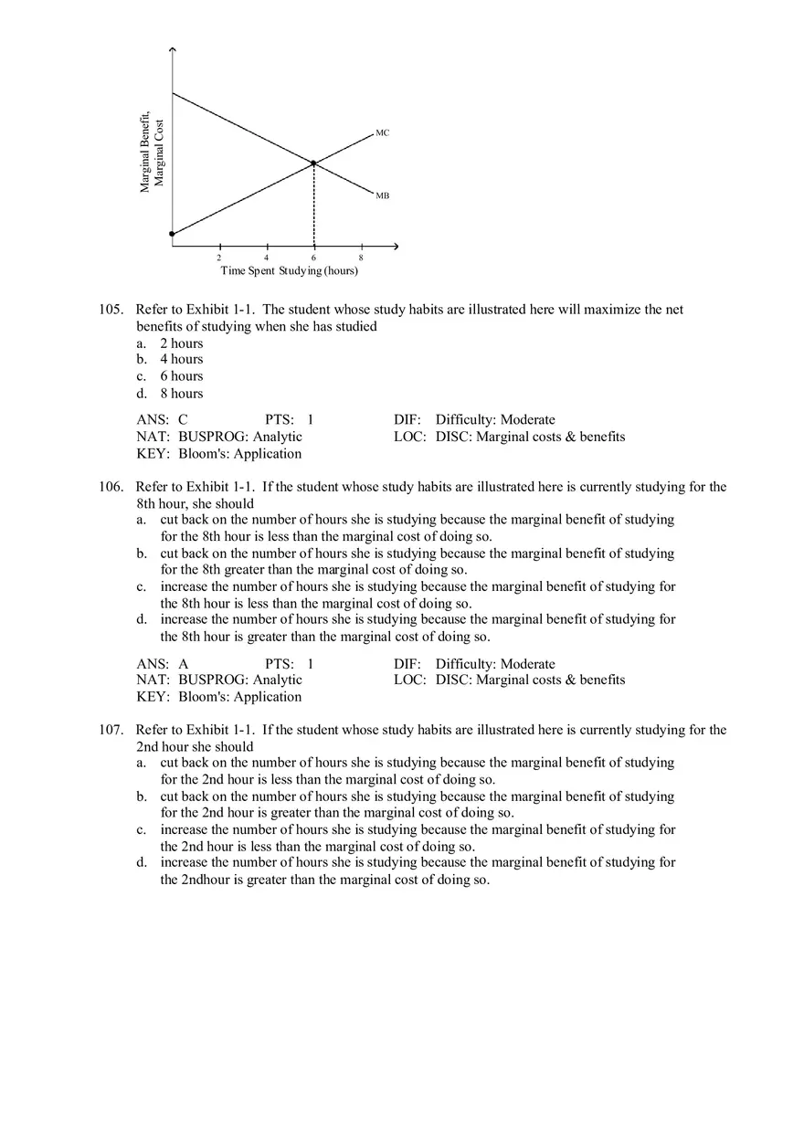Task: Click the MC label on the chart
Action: click(382, 133)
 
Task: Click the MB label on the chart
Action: click(382, 195)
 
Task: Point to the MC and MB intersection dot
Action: click(314, 163)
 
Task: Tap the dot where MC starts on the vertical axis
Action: click(172, 235)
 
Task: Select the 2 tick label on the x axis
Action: click(219, 258)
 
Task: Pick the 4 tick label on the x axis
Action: click(267, 258)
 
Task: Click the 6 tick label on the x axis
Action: click(314, 258)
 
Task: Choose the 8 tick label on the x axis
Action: click(362, 258)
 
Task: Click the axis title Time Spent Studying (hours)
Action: click(289, 271)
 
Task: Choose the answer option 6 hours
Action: click(182, 376)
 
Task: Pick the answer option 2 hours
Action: click(182, 343)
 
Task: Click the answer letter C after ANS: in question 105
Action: click(183, 420)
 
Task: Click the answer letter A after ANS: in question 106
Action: click(183, 664)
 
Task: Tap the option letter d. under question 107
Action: click(142, 862)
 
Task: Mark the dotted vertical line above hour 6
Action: click(314, 206)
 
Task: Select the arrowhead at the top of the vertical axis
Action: click(172, 49)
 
